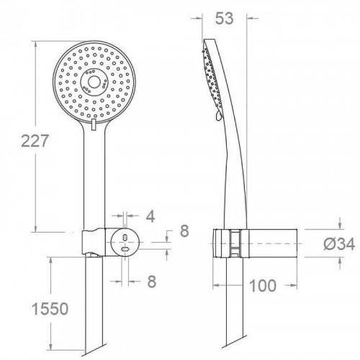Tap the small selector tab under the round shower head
point(93,127)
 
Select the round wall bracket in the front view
point(125,243)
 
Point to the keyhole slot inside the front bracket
point(126,243)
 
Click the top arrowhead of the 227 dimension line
point(35,40)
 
